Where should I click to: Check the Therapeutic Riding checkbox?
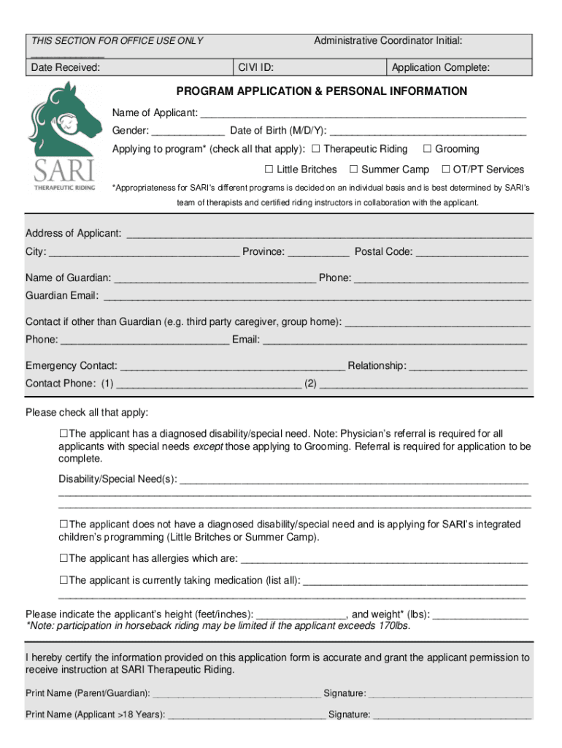tap(316, 149)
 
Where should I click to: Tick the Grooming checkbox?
tap(428, 149)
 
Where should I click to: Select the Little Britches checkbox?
tap(269, 169)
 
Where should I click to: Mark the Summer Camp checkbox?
tap(354, 169)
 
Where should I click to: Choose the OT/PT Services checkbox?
tap(446, 169)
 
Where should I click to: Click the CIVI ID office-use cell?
tap(310, 68)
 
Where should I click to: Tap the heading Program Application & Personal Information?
tap(322, 91)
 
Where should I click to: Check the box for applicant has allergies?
tap(63, 558)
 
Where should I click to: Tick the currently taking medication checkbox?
tap(63, 580)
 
